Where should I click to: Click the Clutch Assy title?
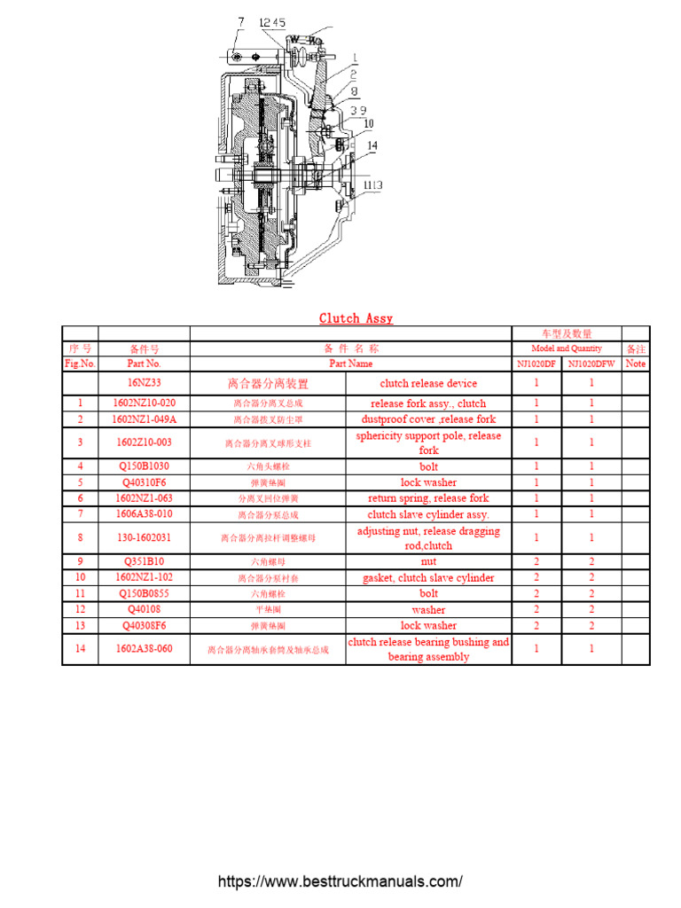pyautogui.click(x=356, y=318)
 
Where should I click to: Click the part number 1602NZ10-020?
pyautogui.click(x=144, y=403)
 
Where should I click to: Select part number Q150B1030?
pyautogui.click(x=144, y=466)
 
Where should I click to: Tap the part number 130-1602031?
pyautogui.click(x=144, y=537)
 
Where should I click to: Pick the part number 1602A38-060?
pyautogui.click(x=144, y=649)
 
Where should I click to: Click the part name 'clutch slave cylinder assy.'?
pyautogui.click(x=428, y=514)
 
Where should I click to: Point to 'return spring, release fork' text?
pyautogui.click(x=428, y=498)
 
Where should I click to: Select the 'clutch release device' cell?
pyautogui.click(x=428, y=384)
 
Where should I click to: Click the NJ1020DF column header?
pyautogui.click(x=536, y=364)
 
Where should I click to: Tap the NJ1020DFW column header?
pyautogui.click(x=591, y=364)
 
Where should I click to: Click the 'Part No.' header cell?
pyautogui.click(x=144, y=364)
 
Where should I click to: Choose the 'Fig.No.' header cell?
pyautogui.click(x=80, y=364)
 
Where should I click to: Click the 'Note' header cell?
pyautogui.click(x=636, y=364)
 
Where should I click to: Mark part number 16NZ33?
pyautogui.click(x=144, y=383)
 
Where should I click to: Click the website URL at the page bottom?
pyautogui.click(x=340, y=882)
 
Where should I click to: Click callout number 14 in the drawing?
pyautogui.click(x=372, y=145)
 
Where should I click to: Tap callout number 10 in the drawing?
pyautogui.click(x=368, y=124)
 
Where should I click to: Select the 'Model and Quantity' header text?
pyautogui.click(x=566, y=348)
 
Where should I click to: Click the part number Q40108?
pyautogui.click(x=144, y=610)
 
